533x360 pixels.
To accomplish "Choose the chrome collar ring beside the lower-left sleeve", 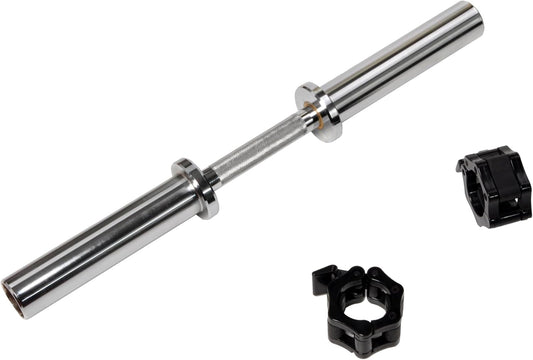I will click(x=196, y=185).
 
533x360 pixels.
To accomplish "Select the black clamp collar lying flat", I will click(x=360, y=310).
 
